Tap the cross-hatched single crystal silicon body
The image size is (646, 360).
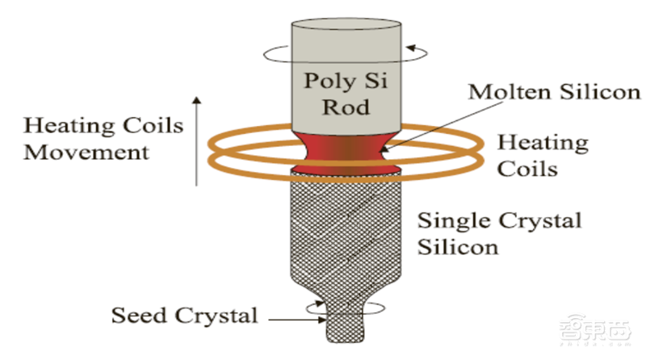[x=346, y=234]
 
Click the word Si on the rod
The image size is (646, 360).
[x=373, y=80]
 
